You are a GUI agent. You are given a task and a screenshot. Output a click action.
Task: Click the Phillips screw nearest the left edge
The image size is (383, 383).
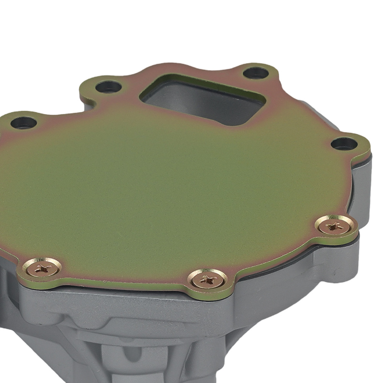click(x=42, y=268)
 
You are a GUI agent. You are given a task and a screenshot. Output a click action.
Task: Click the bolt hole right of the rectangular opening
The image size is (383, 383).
click(x=256, y=73)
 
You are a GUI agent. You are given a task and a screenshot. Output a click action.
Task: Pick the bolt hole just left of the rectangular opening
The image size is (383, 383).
click(x=108, y=87)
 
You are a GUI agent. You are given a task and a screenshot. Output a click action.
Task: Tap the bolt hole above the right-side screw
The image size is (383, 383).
click(x=344, y=144)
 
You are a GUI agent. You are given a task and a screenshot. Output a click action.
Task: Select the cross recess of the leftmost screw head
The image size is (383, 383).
click(x=42, y=268)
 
